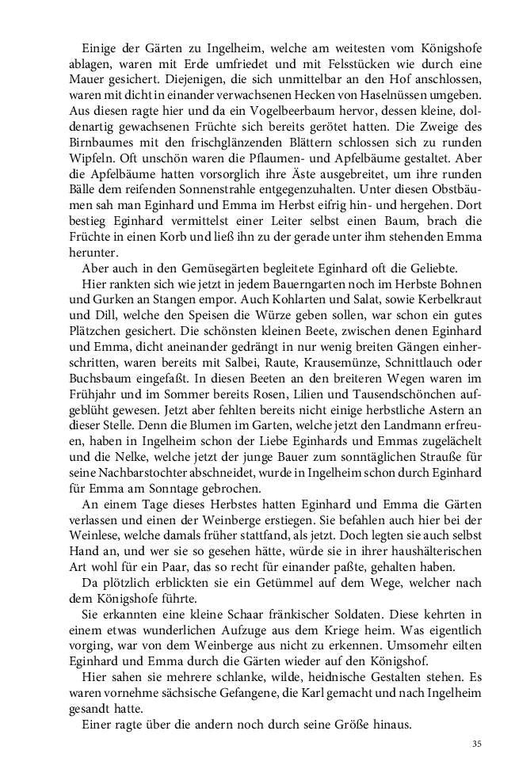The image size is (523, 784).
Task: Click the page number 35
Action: coord(476,744)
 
